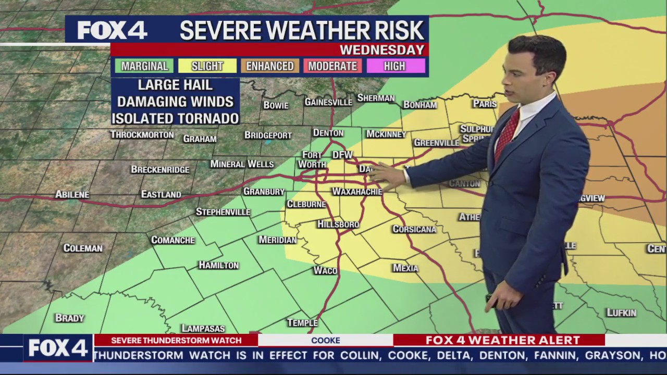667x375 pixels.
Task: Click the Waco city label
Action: (x=325, y=270)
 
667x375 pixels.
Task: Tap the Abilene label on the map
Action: (x=72, y=194)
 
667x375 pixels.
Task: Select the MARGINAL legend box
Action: (x=144, y=66)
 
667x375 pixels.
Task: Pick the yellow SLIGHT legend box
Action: (x=207, y=66)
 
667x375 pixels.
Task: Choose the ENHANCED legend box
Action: (x=270, y=66)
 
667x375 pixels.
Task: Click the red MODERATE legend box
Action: (x=332, y=66)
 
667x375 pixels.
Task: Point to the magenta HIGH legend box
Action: (x=394, y=66)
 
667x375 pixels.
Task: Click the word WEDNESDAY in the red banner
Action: (x=381, y=50)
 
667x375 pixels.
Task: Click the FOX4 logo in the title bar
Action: (x=112, y=30)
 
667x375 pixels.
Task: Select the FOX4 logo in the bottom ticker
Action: (x=57, y=348)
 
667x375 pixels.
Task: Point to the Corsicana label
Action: (x=414, y=229)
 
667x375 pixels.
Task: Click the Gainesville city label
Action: (x=328, y=102)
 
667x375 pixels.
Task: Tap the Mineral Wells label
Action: (x=242, y=164)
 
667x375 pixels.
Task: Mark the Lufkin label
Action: (x=621, y=312)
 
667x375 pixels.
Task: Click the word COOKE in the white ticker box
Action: (x=325, y=341)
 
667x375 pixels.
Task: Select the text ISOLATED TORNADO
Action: (x=175, y=118)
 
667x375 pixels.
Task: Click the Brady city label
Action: (x=69, y=317)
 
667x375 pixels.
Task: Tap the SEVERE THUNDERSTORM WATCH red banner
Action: (x=176, y=341)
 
